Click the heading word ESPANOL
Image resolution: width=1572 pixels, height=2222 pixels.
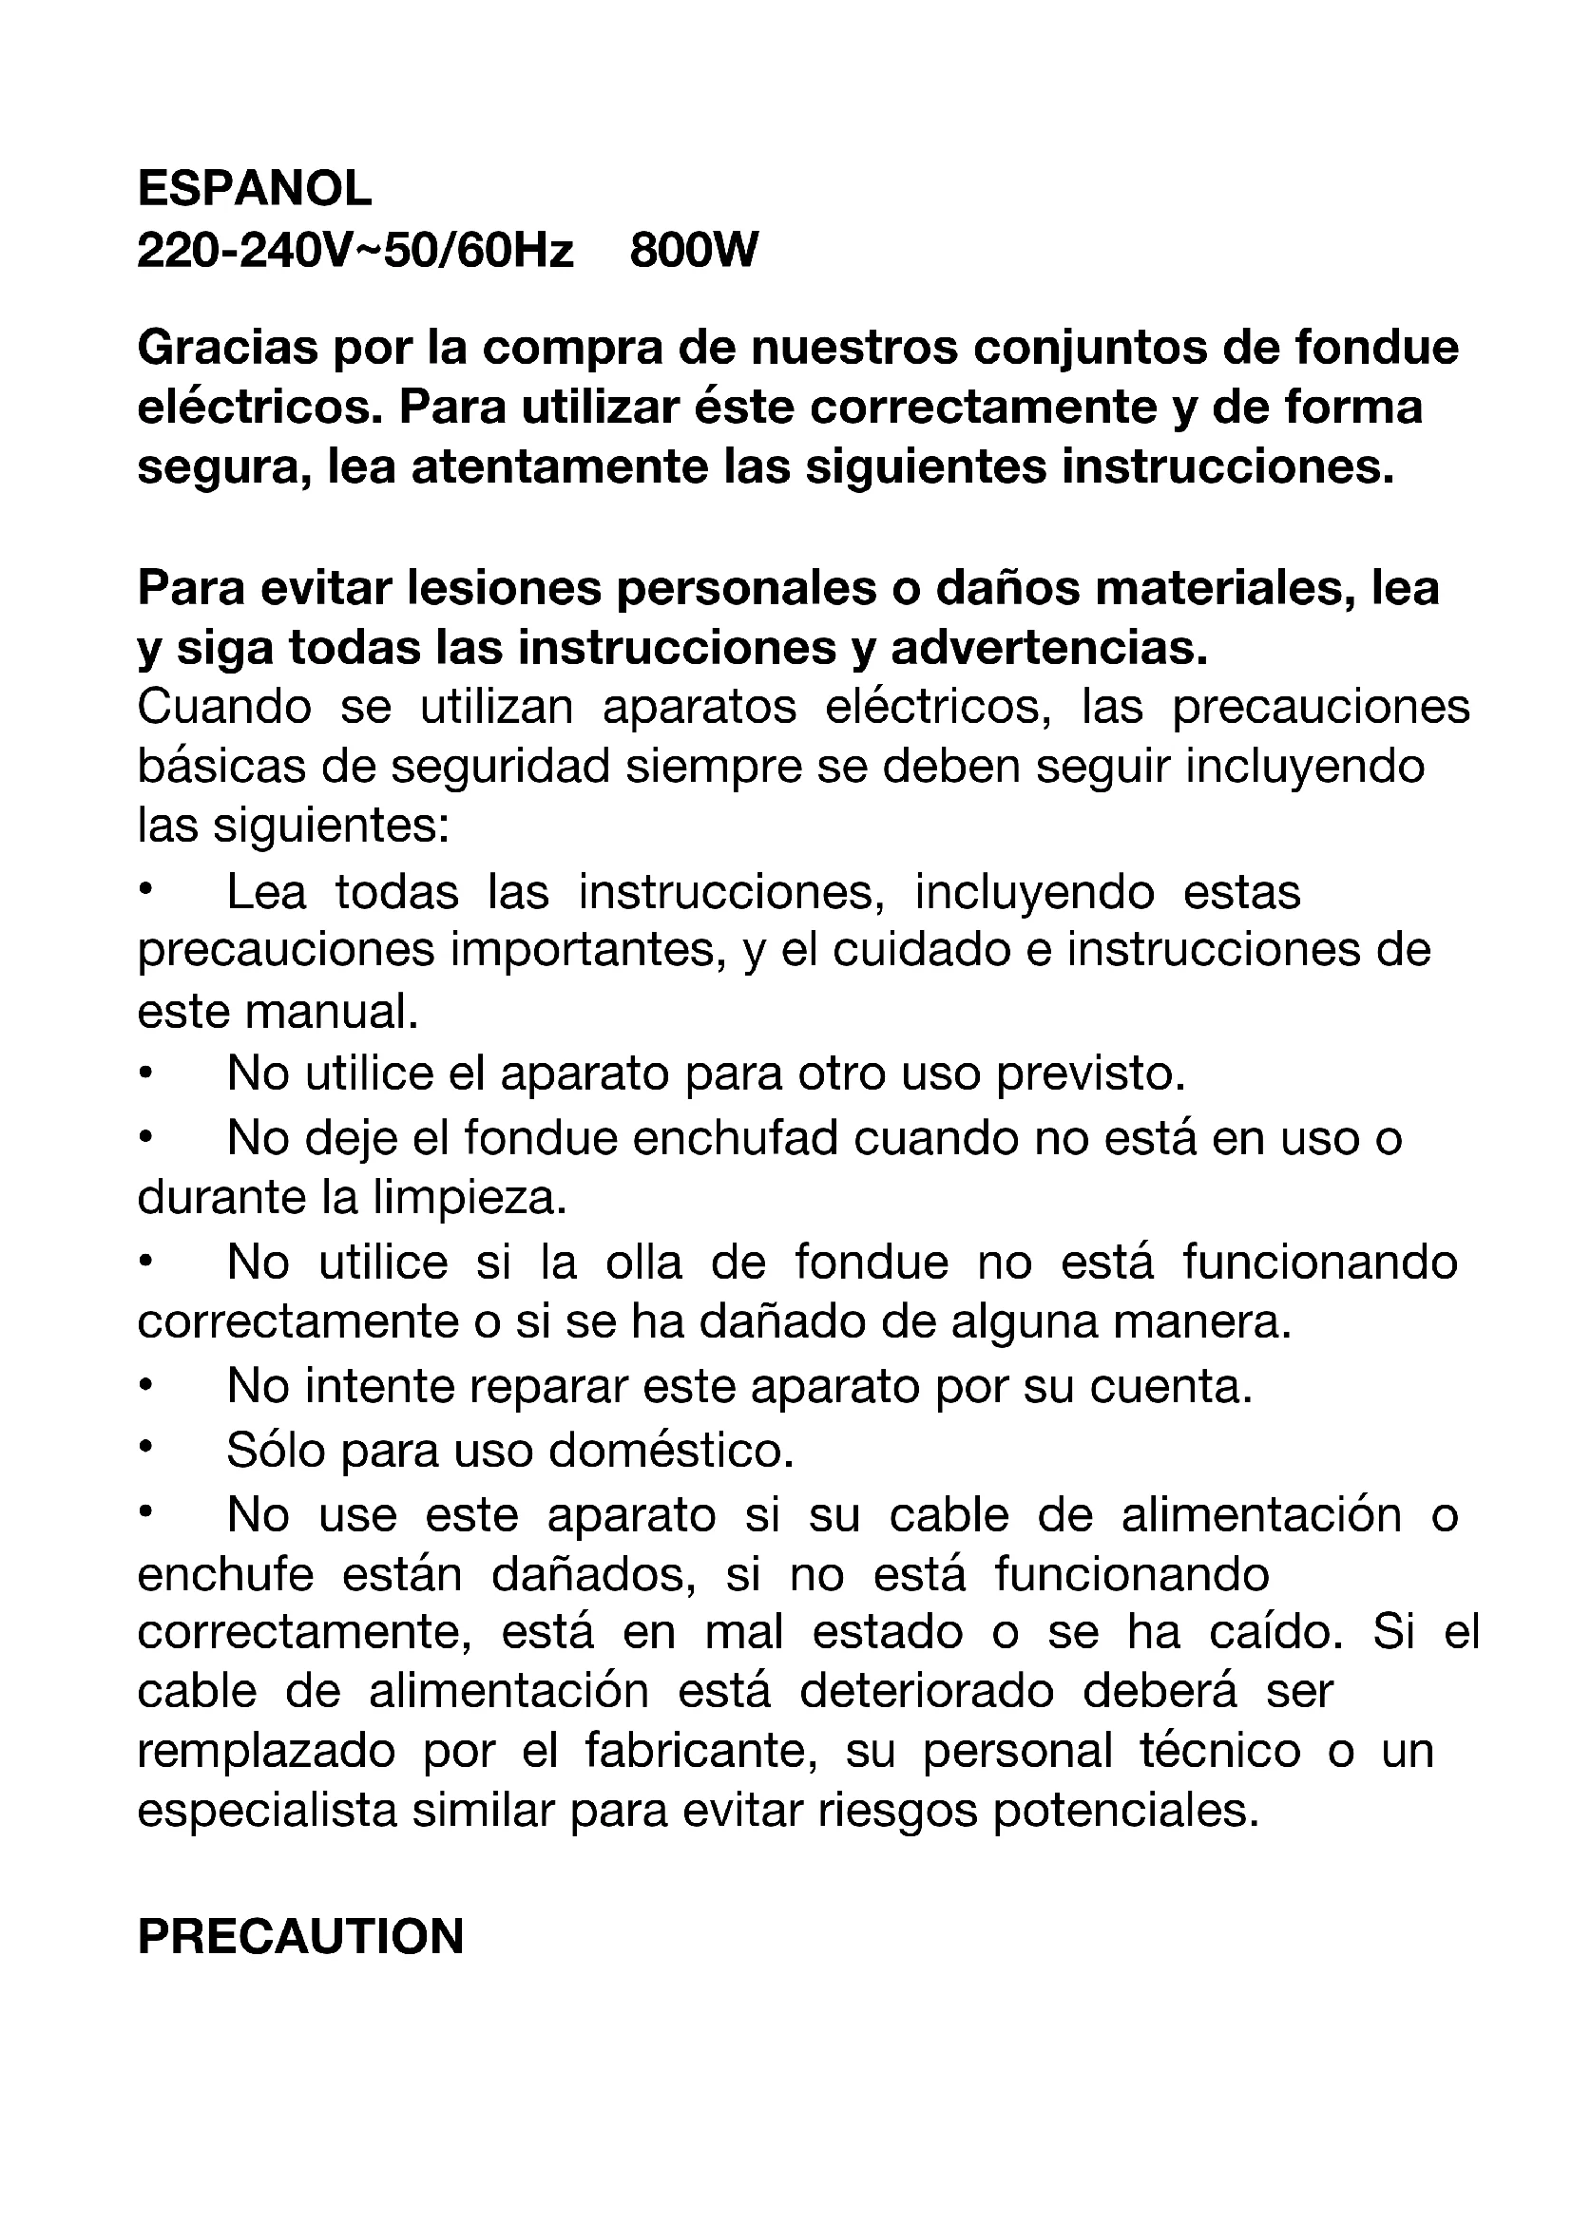click(x=255, y=189)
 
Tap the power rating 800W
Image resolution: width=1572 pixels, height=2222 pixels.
click(x=694, y=252)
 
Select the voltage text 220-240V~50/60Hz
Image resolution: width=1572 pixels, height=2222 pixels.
click(x=355, y=252)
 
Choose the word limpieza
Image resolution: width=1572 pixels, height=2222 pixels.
click(x=470, y=1199)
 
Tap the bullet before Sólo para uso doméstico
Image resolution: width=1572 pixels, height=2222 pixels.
click(x=145, y=1449)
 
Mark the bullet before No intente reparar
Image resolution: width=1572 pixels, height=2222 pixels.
click(x=145, y=1386)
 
